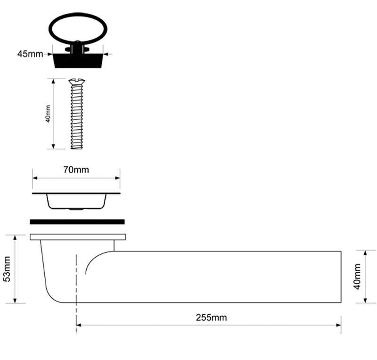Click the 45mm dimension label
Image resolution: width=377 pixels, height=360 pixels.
point(30,54)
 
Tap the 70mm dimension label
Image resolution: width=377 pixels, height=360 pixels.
point(76,170)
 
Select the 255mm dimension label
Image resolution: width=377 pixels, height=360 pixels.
point(211,318)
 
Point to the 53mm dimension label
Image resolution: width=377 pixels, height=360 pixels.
point(7,269)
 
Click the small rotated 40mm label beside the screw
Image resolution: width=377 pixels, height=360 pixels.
point(48,114)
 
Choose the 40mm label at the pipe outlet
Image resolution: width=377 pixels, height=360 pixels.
point(357,276)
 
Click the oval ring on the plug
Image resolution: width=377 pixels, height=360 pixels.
point(78,29)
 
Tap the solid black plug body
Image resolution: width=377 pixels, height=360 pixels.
point(78,61)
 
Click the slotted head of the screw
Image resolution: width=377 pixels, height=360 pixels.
point(77,82)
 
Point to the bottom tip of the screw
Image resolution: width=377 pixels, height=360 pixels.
point(77,148)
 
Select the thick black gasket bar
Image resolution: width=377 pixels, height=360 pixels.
point(77,222)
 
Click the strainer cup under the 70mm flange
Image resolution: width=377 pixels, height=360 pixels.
point(76,202)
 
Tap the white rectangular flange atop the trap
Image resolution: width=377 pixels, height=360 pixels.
point(78,237)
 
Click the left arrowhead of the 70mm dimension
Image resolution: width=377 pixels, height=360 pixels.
point(35,178)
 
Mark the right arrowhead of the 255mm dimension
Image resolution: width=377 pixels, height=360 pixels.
point(338,325)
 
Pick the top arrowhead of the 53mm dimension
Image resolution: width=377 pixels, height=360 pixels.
point(15,238)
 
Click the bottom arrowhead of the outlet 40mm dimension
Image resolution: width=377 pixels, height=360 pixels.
point(365,300)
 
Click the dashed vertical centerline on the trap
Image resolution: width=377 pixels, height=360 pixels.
point(76,294)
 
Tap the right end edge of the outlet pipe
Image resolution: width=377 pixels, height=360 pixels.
point(341,276)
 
